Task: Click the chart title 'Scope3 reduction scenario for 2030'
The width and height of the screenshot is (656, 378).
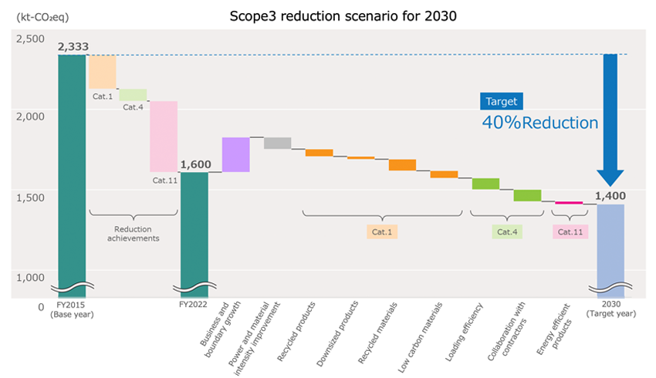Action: tap(327, 14)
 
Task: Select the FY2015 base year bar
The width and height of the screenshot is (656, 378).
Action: tap(72, 170)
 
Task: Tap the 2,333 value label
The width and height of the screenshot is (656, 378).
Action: tap(72, 48)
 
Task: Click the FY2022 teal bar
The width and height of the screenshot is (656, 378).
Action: tap(194, 231)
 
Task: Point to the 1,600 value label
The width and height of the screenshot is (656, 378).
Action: tap(194, 164)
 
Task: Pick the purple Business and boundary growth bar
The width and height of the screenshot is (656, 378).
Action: tap(235, 154)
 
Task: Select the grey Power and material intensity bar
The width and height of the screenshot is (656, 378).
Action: tap(277, 143)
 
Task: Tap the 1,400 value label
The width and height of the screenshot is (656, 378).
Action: tap(610, 197)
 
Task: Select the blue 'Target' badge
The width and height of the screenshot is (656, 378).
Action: tap(501, 101)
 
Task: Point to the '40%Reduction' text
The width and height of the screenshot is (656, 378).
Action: tap(539, 123)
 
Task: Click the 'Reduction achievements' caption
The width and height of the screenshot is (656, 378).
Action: tap(133, 234)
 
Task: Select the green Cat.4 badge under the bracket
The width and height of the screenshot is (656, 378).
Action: tap(507, 231)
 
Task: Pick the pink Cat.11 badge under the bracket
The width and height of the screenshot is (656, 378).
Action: tap(570, 231)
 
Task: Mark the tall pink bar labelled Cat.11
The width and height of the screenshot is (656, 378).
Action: tap(164, 137)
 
